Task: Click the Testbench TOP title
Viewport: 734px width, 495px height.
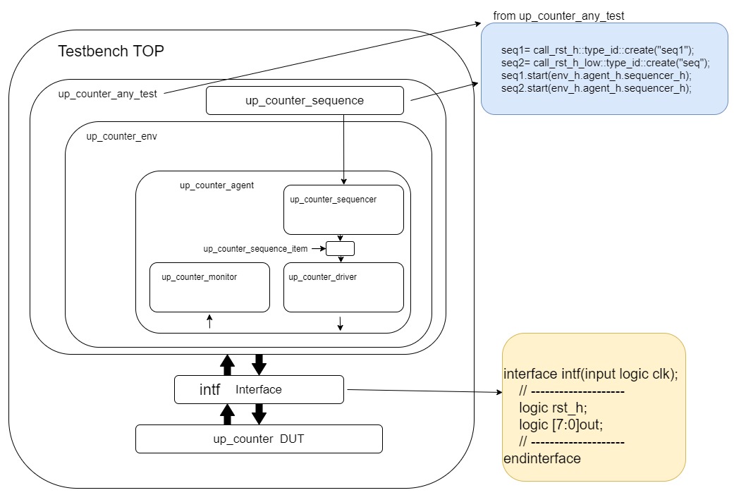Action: click(x=111, y=51)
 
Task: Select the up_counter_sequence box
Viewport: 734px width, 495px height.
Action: click(x=305, y=100)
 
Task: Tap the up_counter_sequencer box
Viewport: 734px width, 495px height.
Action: click(x=343, y=209)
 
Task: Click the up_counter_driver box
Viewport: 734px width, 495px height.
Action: click(x=343, y=287)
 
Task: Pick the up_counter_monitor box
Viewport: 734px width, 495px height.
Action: click(x=209, y=287)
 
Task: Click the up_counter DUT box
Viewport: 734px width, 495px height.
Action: click(x=259, y=439)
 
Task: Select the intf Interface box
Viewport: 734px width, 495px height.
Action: click(x=259, y=389)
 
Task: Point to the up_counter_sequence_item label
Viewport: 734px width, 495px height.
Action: click(x=260, y=249)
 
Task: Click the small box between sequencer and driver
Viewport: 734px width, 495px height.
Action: click(x=340, y=248)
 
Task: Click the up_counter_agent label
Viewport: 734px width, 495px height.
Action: click(x=216, y=185)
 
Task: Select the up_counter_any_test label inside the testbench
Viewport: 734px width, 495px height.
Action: click(x=107, y=94)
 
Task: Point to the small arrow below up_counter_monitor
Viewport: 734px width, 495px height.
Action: click(x=209, y=322)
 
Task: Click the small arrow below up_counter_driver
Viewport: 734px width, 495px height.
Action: click(x=341, y=323)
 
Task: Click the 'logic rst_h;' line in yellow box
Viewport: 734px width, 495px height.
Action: click(x=553, y=408)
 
